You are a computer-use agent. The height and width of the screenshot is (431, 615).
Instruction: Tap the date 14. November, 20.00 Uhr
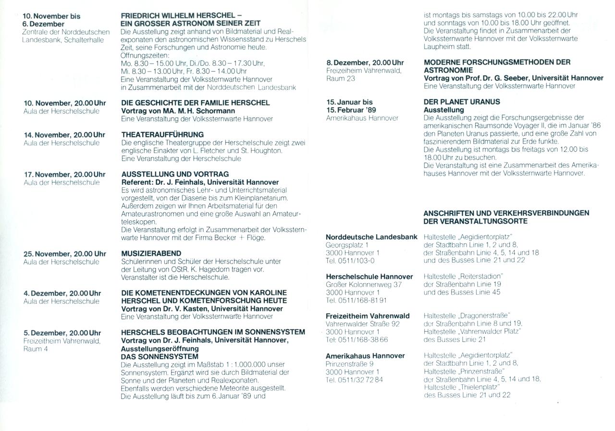[x=65, y=135]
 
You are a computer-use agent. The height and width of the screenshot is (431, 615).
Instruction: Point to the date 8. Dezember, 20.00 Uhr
[x=365, y=63]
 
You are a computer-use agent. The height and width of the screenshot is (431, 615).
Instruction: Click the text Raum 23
[x=340, y=79]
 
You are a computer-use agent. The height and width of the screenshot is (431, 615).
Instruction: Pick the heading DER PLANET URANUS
[x=462, y=102]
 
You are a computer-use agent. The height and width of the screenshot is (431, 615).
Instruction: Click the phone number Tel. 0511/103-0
[x=350, y=260]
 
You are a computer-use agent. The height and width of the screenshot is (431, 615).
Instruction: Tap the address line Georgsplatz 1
[x=347, y=245]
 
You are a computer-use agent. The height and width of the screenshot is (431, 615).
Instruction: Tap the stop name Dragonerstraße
[x=485, y=316]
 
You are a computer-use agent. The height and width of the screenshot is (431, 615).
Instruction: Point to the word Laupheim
[x=440, y=47]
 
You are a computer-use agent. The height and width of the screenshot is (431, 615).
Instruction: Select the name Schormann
[x=213, y=111]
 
